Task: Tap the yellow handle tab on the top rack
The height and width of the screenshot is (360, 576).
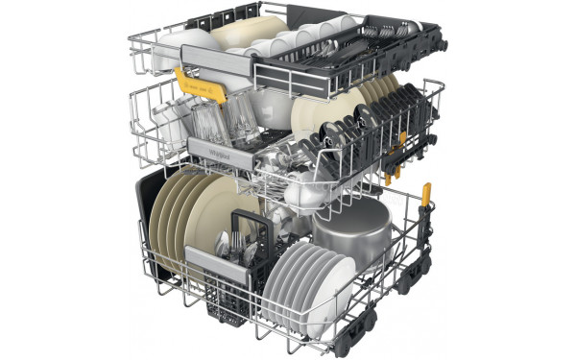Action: point(212,90)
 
